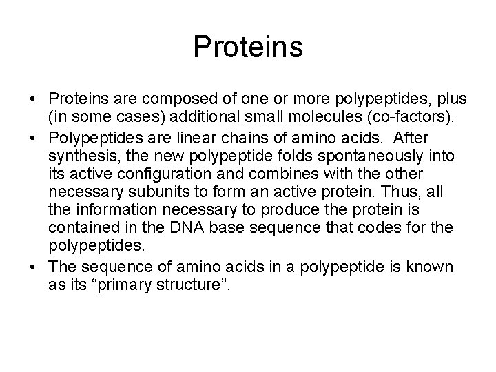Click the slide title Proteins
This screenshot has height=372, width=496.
(x=248, y=48)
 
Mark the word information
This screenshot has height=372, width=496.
(x=130, y=209)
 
